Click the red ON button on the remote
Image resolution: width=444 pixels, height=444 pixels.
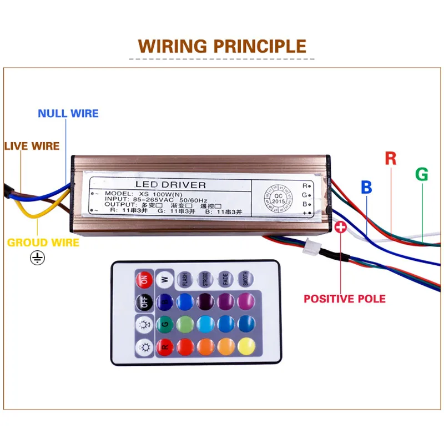[143, 279]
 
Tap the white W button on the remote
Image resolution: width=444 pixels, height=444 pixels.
[164, 279]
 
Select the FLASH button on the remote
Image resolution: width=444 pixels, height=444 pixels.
[185, 279]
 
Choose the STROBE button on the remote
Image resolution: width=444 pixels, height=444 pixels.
[205, 279]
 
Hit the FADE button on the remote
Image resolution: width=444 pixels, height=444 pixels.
[224, 279]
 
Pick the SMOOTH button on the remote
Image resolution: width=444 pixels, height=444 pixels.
[244, 279]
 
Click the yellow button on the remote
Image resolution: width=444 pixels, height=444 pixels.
[244, 347]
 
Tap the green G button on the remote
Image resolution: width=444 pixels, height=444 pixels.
[164, 324]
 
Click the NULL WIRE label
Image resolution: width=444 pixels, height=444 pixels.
[68, 114]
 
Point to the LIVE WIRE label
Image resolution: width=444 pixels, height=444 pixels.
[32, 147]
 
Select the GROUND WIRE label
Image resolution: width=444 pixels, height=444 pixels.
[43, 243]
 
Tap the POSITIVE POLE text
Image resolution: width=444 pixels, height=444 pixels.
[344, 299]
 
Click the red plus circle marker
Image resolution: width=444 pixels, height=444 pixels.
[341, 227]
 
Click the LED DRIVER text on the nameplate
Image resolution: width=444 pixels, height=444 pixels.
[171, 185]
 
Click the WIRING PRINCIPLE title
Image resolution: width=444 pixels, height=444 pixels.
[222, 46]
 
